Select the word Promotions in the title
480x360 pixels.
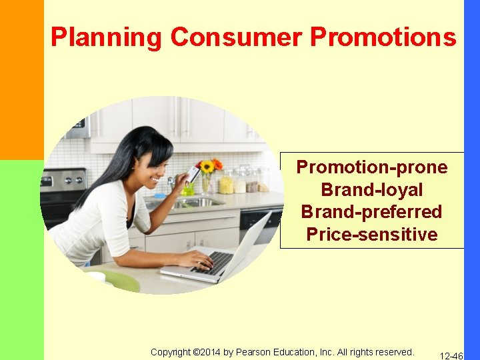383,37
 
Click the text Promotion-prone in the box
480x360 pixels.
372,167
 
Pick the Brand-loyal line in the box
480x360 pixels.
372,189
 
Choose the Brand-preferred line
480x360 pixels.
372,212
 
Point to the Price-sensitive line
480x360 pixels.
372,235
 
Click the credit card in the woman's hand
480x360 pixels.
193,175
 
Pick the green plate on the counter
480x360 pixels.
120,281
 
